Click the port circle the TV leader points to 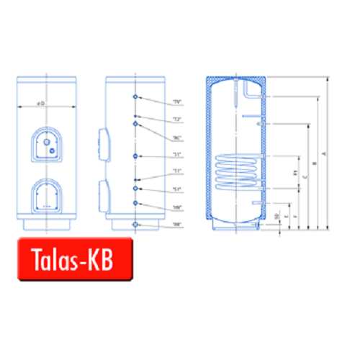[x=136, y=96]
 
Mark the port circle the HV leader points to [x=136, y=204]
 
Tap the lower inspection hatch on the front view [x=43, y=197]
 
